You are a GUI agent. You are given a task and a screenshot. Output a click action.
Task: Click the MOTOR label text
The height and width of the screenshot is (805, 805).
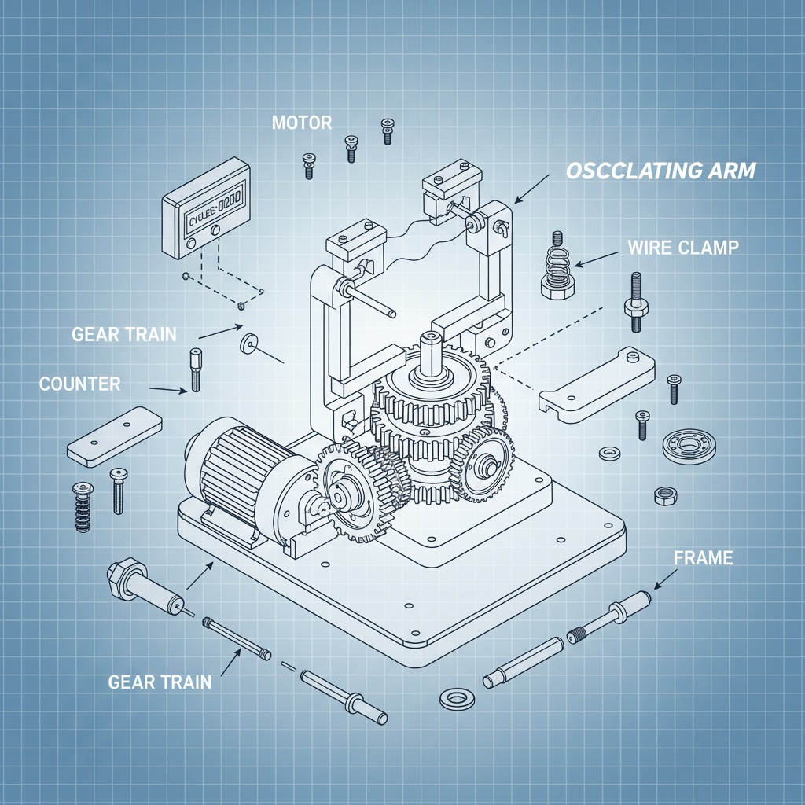[x=302, y=123]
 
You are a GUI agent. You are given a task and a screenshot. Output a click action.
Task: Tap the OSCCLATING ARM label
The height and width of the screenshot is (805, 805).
[x=661, y=171]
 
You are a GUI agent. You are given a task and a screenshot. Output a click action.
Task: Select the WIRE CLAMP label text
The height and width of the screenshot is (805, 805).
[x=683, y=248]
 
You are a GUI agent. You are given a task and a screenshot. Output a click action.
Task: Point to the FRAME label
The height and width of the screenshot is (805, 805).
[x=704, y=558]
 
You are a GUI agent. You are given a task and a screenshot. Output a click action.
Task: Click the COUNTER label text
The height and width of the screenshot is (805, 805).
[x=80, y=384]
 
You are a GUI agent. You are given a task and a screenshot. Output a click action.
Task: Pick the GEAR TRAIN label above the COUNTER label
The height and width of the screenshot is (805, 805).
[x=124, y=334]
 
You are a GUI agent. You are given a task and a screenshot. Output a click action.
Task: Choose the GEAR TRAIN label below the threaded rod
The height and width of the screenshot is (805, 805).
[x=160, y=682]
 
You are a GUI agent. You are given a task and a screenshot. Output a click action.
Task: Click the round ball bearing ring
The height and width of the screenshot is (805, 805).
[x=689, y=446]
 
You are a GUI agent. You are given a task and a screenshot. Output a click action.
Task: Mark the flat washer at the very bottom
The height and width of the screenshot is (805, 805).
[x=454, y=697]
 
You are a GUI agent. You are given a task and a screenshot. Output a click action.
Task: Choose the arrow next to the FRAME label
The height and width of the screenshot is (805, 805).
[x=664, y=579]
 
